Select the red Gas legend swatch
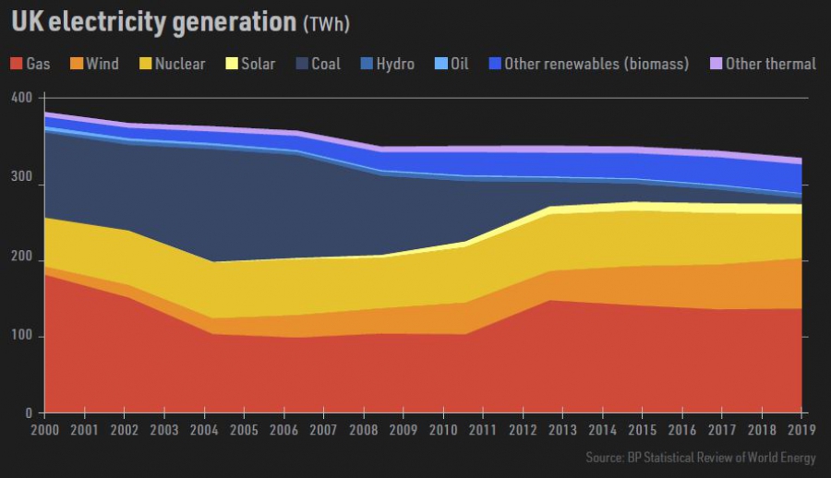(x=16, y=64)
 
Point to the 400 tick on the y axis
(x=21, y=98)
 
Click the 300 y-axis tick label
(x=21, y=185)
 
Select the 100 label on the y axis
(x=21, y=337)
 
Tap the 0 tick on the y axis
(x=28, y=412)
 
